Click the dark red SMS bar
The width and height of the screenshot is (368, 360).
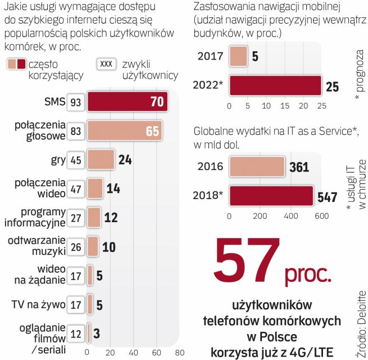coord(127,102)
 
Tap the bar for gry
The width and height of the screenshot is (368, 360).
coord(101,160)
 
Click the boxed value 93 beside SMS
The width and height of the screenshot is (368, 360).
coord(75,102)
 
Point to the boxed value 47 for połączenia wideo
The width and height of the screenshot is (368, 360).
coord(75,189)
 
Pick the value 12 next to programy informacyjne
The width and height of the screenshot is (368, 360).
coord(111,217)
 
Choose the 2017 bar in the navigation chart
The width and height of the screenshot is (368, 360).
coord(238,56)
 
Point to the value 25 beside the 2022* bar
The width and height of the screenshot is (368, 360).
coord(333,87)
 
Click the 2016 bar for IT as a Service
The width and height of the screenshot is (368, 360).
coord(257,167)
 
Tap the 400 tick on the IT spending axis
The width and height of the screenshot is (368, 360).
coord(290,216)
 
